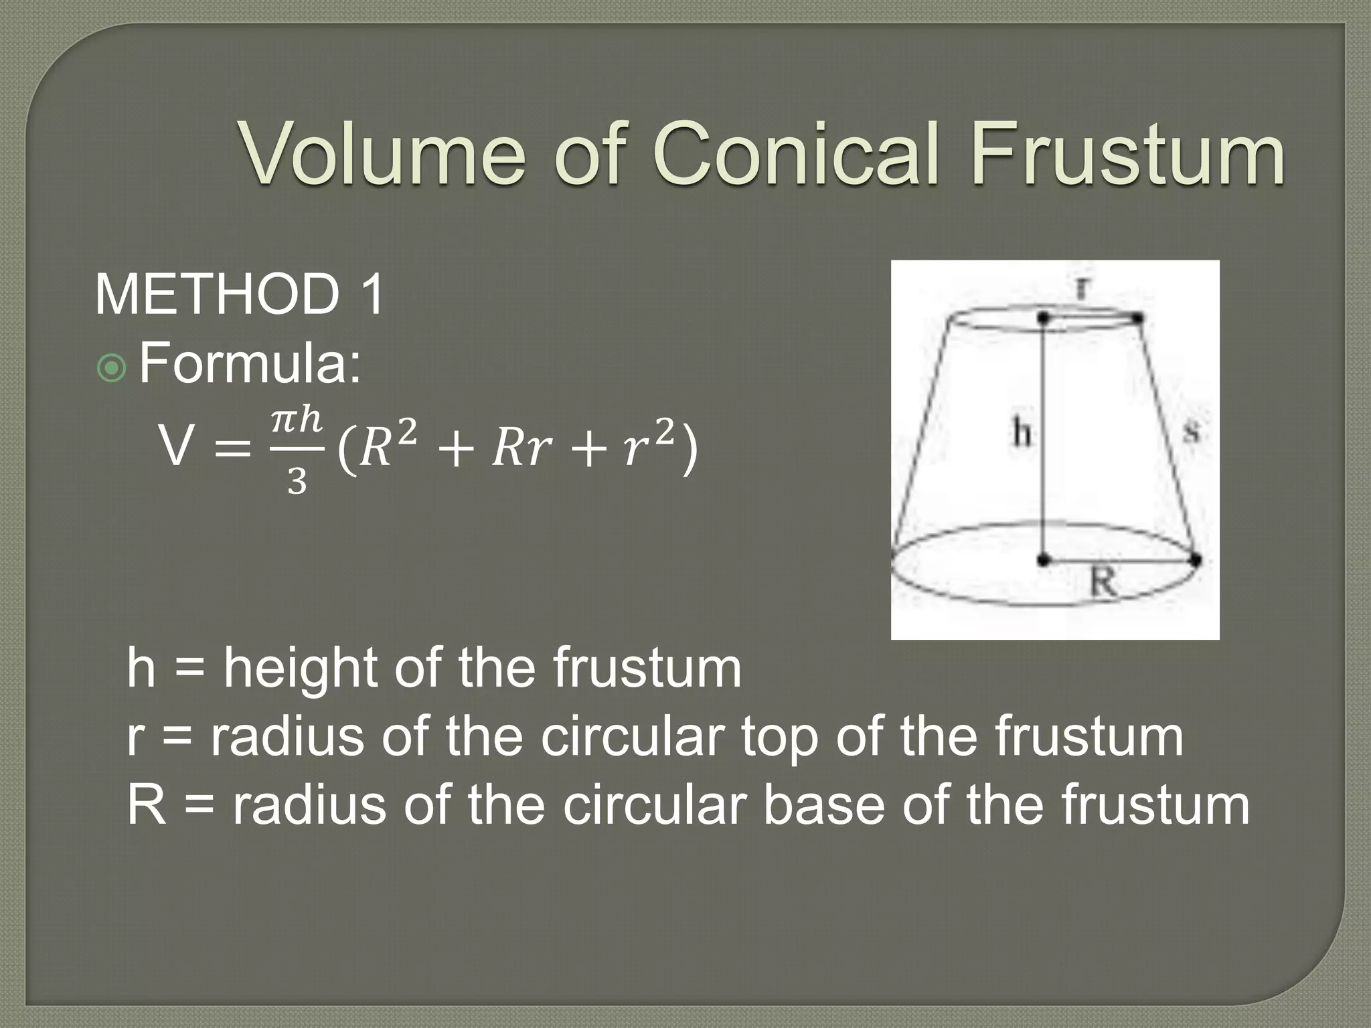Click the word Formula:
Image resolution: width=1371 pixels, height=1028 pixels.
pos(250,365)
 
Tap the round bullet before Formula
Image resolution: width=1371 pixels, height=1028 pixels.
pos(111,368)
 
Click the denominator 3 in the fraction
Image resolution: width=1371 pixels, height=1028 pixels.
pos(297,481)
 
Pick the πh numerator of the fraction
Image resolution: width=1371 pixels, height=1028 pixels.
pos(297,420)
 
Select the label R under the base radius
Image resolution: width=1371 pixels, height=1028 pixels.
pos(1103,581)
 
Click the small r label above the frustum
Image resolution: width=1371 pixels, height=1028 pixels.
pos(1082,288)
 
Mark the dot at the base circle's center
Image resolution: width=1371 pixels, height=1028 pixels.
pos(1043,560)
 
